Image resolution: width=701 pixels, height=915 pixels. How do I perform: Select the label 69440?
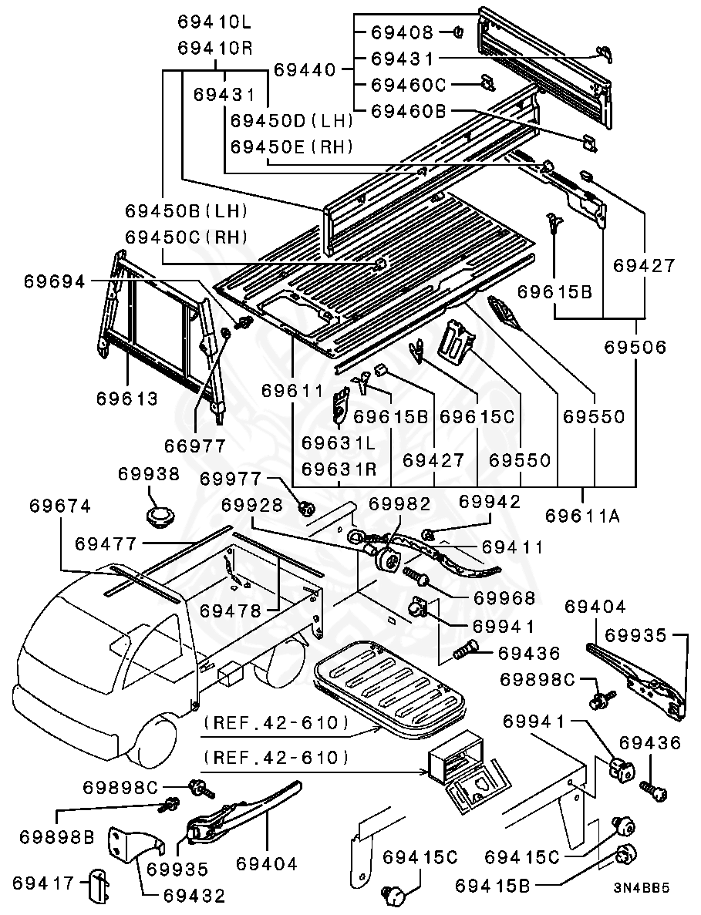[305, 70]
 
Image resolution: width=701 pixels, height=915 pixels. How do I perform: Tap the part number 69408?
[402, 32]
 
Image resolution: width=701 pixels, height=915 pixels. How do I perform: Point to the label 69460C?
[409, 84]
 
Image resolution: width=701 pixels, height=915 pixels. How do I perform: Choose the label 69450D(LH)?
[292, 120]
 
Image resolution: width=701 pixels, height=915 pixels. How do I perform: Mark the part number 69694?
[54, 282]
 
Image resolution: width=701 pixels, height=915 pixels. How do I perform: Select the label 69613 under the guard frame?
[127, 399]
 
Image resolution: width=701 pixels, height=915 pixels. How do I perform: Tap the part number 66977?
[195, 446]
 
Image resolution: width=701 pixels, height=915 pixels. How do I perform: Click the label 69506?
[635, 348]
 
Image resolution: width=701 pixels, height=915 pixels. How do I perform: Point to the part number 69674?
[60, 506]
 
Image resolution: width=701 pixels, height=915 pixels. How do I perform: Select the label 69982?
[399, 503]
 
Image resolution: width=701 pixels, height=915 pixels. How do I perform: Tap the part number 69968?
[504, 597]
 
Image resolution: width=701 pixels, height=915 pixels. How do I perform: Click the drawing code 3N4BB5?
[641, 908]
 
